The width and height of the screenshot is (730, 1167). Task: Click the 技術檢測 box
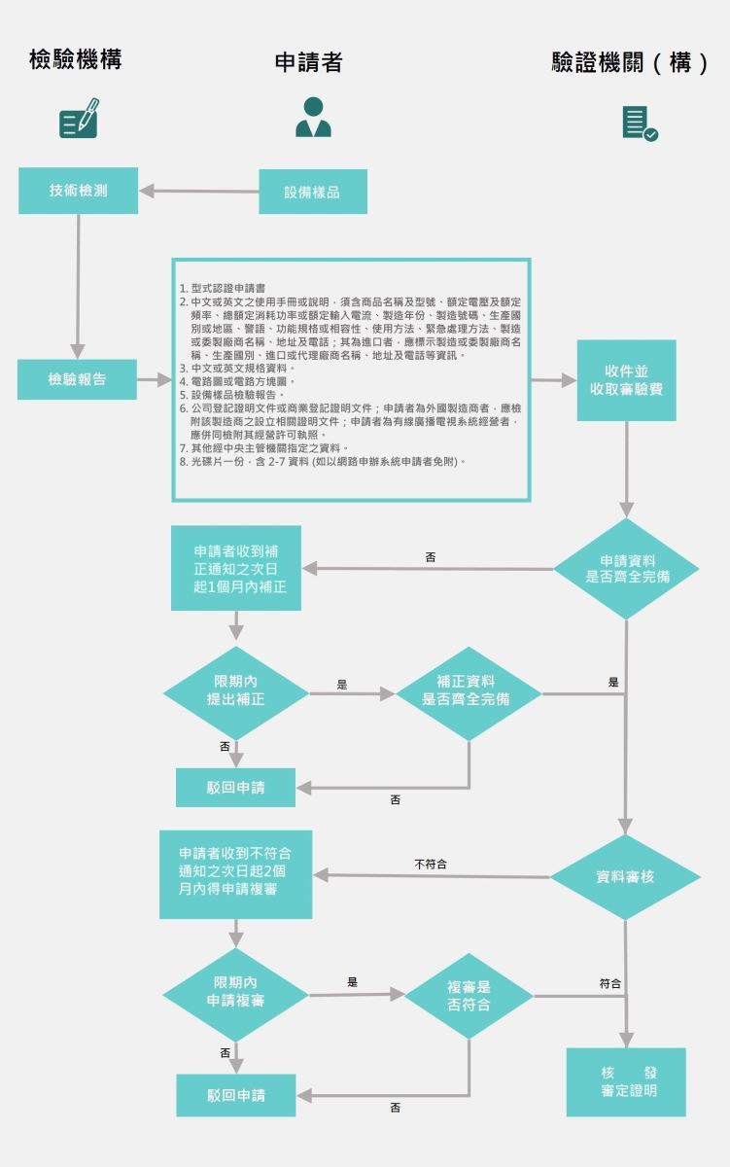[x=78, y=191]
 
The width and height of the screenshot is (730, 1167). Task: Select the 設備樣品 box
[x=312, y=192]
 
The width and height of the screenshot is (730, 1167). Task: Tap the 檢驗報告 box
[x=77, y=379]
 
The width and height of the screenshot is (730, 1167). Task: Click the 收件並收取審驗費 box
[x=626, y=380]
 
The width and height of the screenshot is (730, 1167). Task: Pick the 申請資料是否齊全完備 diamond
[x=627, y=569]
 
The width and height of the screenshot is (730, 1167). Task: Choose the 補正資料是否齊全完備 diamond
[x=468, y=692]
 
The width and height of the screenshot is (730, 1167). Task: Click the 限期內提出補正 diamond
[x=235, y=692]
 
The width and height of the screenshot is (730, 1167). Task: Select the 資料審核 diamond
[x=625, y=876]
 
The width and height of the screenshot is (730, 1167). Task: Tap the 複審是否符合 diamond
[x=469, y=996]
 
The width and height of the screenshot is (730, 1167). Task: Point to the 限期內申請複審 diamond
[x=235, y=994]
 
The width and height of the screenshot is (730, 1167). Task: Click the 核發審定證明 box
[x=626, y=1081]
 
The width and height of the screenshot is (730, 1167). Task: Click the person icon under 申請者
[x=313, y=117]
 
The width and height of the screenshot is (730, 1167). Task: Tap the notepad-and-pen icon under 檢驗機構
[x=79, y=118]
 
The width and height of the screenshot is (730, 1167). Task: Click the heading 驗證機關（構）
[x=630, y=63]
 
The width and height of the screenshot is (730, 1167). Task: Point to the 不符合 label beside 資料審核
[x=431, y=864]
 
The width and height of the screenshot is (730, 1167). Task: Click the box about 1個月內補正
[x=235, y=568]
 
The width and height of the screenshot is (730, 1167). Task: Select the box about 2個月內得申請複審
[x=235, y=874]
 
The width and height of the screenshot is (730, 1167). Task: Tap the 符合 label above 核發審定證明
[x=610, y=983]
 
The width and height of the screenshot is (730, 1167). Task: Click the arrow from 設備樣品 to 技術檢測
[x=198, y=191]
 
